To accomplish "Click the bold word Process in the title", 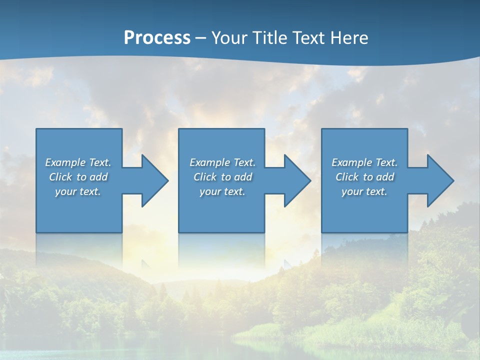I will click(157, 37).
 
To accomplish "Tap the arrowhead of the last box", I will click(439, 180).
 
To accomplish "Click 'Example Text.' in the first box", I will click(78, 162).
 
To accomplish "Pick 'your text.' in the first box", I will click(78, 191).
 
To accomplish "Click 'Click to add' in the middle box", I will click(222, 177).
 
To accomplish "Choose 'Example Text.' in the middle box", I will click(222, 162).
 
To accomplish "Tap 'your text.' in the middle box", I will click(222, 191).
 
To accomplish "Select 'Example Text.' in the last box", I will click(364, 162).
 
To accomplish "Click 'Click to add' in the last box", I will click(364, 177).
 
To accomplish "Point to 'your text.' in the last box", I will click(364, 191).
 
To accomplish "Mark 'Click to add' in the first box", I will click(78, 177).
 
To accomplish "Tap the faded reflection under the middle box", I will click(221, 250).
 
